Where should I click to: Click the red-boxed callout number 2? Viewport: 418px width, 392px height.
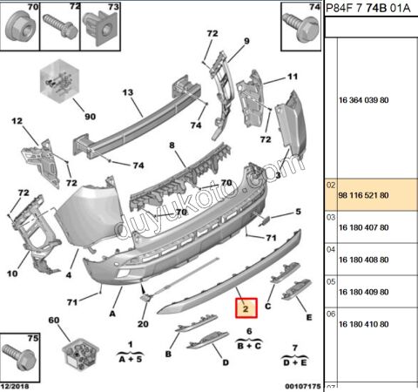(x=246, y=308)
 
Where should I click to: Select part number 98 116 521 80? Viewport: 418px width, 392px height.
(x=363, y=195)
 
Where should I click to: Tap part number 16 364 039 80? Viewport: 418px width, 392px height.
(x=364, y=100)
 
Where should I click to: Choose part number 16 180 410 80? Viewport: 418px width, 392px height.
(x=364, y=324)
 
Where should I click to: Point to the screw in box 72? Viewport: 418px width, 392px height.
(x=60, y=27)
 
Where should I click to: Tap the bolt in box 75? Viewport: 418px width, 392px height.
(x=19, y=355)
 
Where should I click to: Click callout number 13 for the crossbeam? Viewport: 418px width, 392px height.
(x=128, y=92)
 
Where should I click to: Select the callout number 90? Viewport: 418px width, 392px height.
(x=90, y=117)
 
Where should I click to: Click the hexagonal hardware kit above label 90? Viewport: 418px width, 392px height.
(x=59, y=81)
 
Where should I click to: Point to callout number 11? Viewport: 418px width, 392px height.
(x=293, y=77)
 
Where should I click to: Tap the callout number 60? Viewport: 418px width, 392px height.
(x=54, y=320)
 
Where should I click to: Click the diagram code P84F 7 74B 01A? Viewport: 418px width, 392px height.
(x=368, y=8)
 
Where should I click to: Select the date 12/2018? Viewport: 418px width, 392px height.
(x=15, y=387)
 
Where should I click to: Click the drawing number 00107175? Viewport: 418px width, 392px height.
(x=303, y=387)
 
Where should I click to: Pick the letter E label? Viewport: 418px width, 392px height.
(x=309, y=317)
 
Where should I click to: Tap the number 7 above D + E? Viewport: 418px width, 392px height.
(x=295, y=348)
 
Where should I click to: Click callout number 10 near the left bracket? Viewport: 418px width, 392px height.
(x=12, y=274)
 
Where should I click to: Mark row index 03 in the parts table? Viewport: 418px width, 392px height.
(x=331, y=217)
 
